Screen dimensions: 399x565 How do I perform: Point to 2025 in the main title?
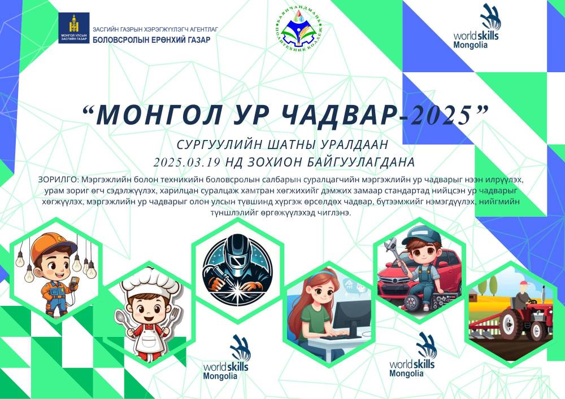pyautogui.click(x=441, y=116)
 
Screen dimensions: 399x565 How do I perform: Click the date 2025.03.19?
pyautogui.click(x=188, y=162)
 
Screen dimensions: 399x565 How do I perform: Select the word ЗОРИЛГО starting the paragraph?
pyautogui.click(x=57, y=179)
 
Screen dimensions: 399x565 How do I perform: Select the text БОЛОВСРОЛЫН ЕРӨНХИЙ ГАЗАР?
pyautogui.click(x=151, y=40)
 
